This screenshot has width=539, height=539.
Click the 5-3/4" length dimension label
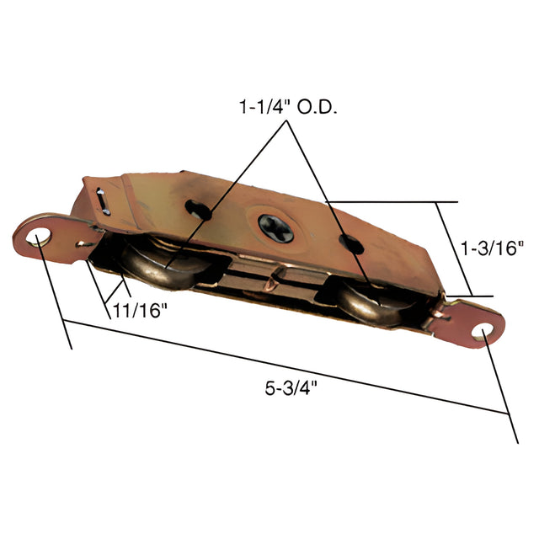click(291, 389)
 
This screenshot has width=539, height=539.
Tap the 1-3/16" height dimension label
click(491, 248)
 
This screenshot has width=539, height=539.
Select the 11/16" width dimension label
click(140, 311)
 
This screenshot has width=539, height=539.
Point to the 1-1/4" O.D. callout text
click(288, 107)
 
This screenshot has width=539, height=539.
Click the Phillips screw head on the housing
click(275, 228)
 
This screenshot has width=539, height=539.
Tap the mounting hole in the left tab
click(39, 237)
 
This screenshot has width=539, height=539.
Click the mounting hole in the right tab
click(483, 332)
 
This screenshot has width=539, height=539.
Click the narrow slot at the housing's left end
click(103, 201)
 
